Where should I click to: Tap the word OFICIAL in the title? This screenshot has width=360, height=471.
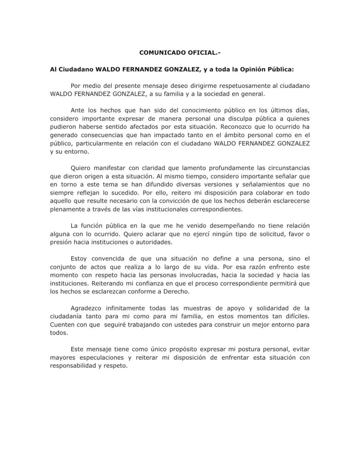[199, 53]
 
